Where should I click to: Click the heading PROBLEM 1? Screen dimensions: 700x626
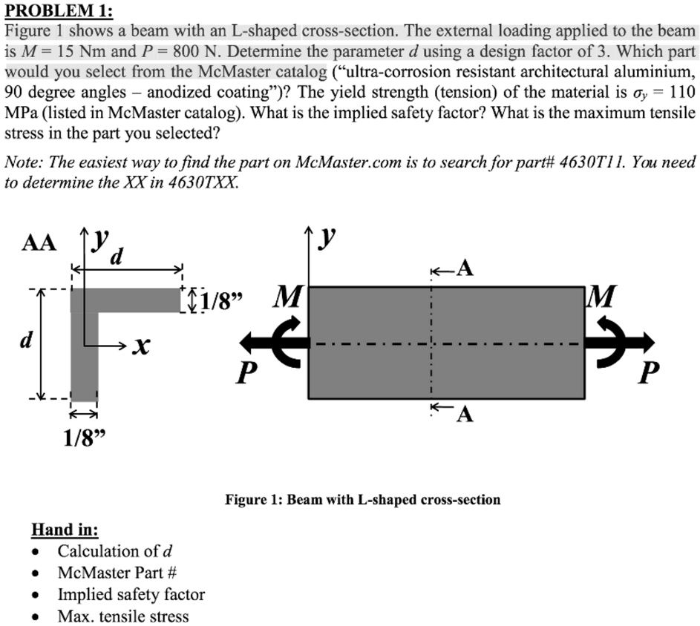click(x=56, y=11)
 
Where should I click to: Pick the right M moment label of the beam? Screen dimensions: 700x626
click(x=602, y=299)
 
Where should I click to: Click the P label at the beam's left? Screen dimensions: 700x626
click(x=243, y=372)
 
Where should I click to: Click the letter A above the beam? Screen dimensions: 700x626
click(x=465, y=268)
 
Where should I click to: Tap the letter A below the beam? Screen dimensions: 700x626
click(x=465, y=415)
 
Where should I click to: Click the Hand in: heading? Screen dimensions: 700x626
click(x=65, y=530)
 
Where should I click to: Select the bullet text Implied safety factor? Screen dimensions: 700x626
click(x=131, y=594)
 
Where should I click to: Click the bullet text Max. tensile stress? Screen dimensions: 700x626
click(x=123, y=616)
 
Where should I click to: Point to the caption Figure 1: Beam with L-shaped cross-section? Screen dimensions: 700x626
click(x=363, y=500)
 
